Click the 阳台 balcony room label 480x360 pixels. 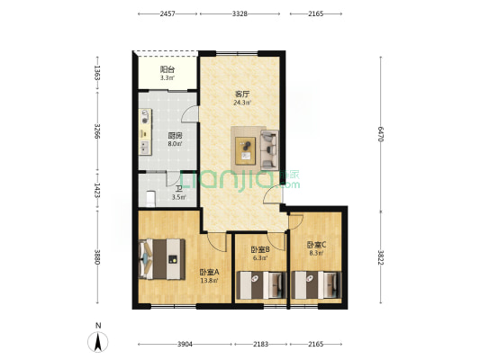pyautogui.click(x=168, y=69)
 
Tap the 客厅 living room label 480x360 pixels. pyautogui.click(x=242, y=94)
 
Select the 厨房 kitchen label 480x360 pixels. pyautogui.click(x=175, y=135)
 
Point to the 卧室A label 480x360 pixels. pyautogui.click(x=210, y=272)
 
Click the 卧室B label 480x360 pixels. pyautogui.click(x=260, y=249)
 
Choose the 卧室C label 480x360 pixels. pyautogui.click(x=316, y=245)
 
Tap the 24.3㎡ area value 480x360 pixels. pyautogui.click(x=242, y=103)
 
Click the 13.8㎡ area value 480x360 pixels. pyautogui.click(x=210, y=281)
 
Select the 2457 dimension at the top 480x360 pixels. pyautogui.click(x=168, y=13)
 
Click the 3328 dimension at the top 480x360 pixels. pyautogui.click(x=240, y=13)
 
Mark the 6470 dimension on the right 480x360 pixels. pyautogui.click(x=381, y=134)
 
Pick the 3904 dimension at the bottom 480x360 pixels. pyautogui.click(x=185, y=345)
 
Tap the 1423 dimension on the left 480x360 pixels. pyautogui.click(x=97, y=190)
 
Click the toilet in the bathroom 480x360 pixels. pyautogui.click(x=150, y=199)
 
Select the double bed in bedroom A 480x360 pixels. pyautogui.click(x=162, y=259)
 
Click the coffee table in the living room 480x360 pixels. pyautogui.click(x=245, y=151)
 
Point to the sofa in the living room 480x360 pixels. pyautogui.click(x=269, y=150)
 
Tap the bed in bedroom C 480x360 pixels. pyautogui.click(x=316, y=285)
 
